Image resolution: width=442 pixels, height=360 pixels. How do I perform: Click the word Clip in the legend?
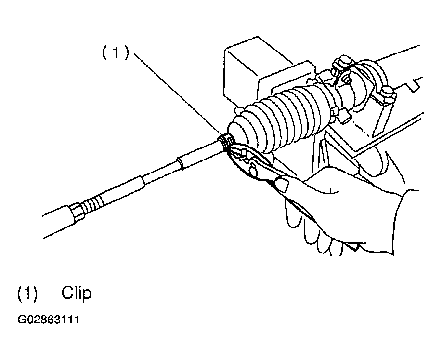[76, 293]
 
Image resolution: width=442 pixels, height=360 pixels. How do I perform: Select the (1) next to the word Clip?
[27, 293]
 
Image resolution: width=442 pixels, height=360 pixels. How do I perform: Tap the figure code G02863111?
[48, 320]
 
